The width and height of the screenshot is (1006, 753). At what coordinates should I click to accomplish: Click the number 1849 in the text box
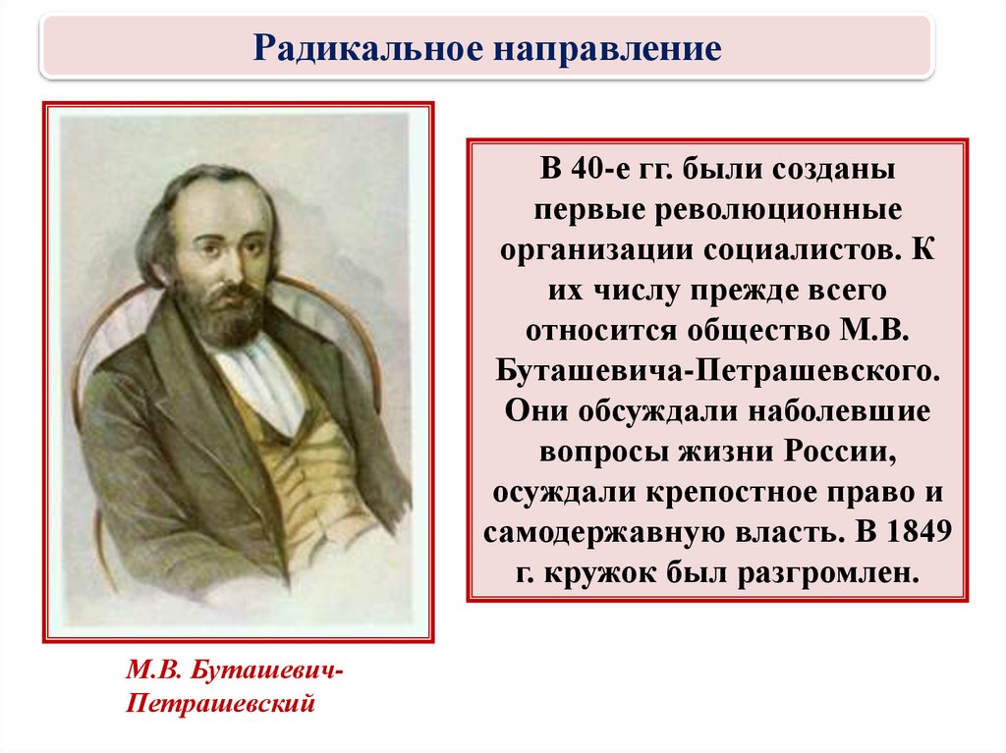coord(920,532)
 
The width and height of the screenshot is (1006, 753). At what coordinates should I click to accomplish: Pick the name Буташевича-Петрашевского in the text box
coord(717,371)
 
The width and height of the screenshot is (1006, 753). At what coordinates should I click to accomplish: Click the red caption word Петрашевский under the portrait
coord(220,704)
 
